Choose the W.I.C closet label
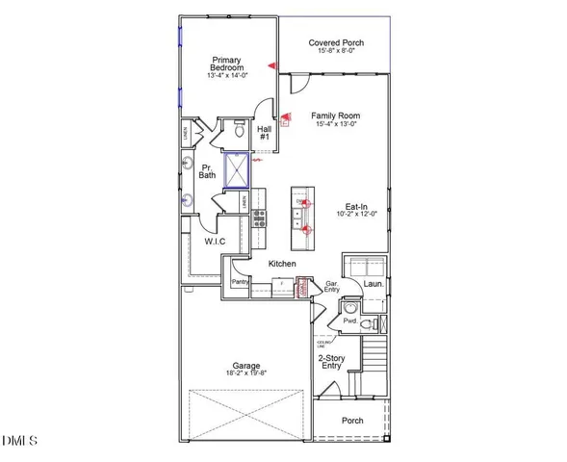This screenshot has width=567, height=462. (213, 242)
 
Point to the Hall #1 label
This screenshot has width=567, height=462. (264, 133)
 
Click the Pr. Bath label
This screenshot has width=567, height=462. (207, 172)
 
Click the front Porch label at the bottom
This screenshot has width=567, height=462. (353, 420)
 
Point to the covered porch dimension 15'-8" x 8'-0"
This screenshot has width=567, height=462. (336, 53)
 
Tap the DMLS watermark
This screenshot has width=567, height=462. (21, 441)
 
